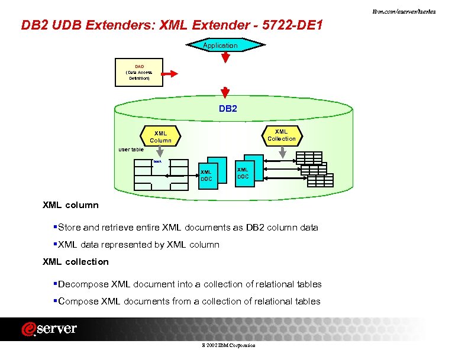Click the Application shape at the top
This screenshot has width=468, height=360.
[220, 46]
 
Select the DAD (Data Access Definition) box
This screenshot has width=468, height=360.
[138, 72]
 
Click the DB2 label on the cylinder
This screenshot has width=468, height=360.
[228, 109]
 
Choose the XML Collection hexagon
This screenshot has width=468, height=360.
[281, 135]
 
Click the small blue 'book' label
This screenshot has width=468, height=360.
[157, 161]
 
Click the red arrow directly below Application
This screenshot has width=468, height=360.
[225, 57]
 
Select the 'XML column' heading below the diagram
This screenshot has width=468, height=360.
[70, 205]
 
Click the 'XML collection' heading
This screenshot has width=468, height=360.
[76, 261]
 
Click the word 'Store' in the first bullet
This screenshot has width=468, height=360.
[70, 227]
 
